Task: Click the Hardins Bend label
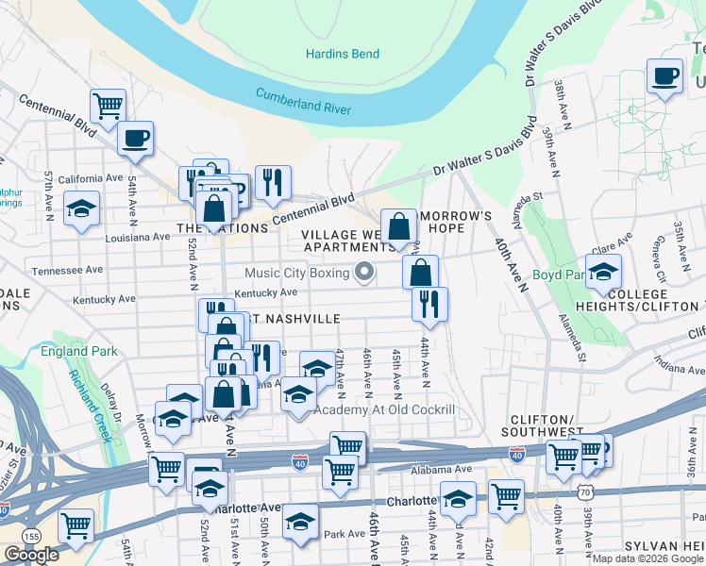pos(343,54)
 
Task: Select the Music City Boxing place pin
pos(365,274)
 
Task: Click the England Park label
pos(79,352)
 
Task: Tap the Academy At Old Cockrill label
pos(384,410)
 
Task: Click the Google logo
pos(31,555)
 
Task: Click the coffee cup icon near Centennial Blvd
pos(135,140)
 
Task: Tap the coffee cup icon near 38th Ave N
pos(664,75)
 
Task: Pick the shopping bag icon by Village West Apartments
pos(399,225)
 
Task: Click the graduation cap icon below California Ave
pos(82,208)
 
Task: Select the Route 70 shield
pos(585,492)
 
